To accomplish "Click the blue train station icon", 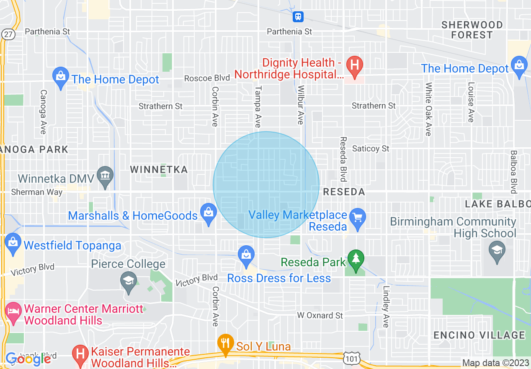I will point(298,16).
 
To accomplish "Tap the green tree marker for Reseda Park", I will point(356,260).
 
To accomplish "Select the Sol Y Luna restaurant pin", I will point(226,343).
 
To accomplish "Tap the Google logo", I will point(28,359).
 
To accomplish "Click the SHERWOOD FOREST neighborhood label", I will point(472,30).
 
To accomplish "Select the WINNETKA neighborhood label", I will point(159,169).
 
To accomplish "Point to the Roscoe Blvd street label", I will point(207,78).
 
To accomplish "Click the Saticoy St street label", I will point(371,148).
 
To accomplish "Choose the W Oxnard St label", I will point(320,315).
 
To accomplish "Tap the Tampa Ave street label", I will point(258,107).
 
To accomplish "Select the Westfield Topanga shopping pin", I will point(13,244).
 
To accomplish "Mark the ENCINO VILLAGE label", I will point(479,335).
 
